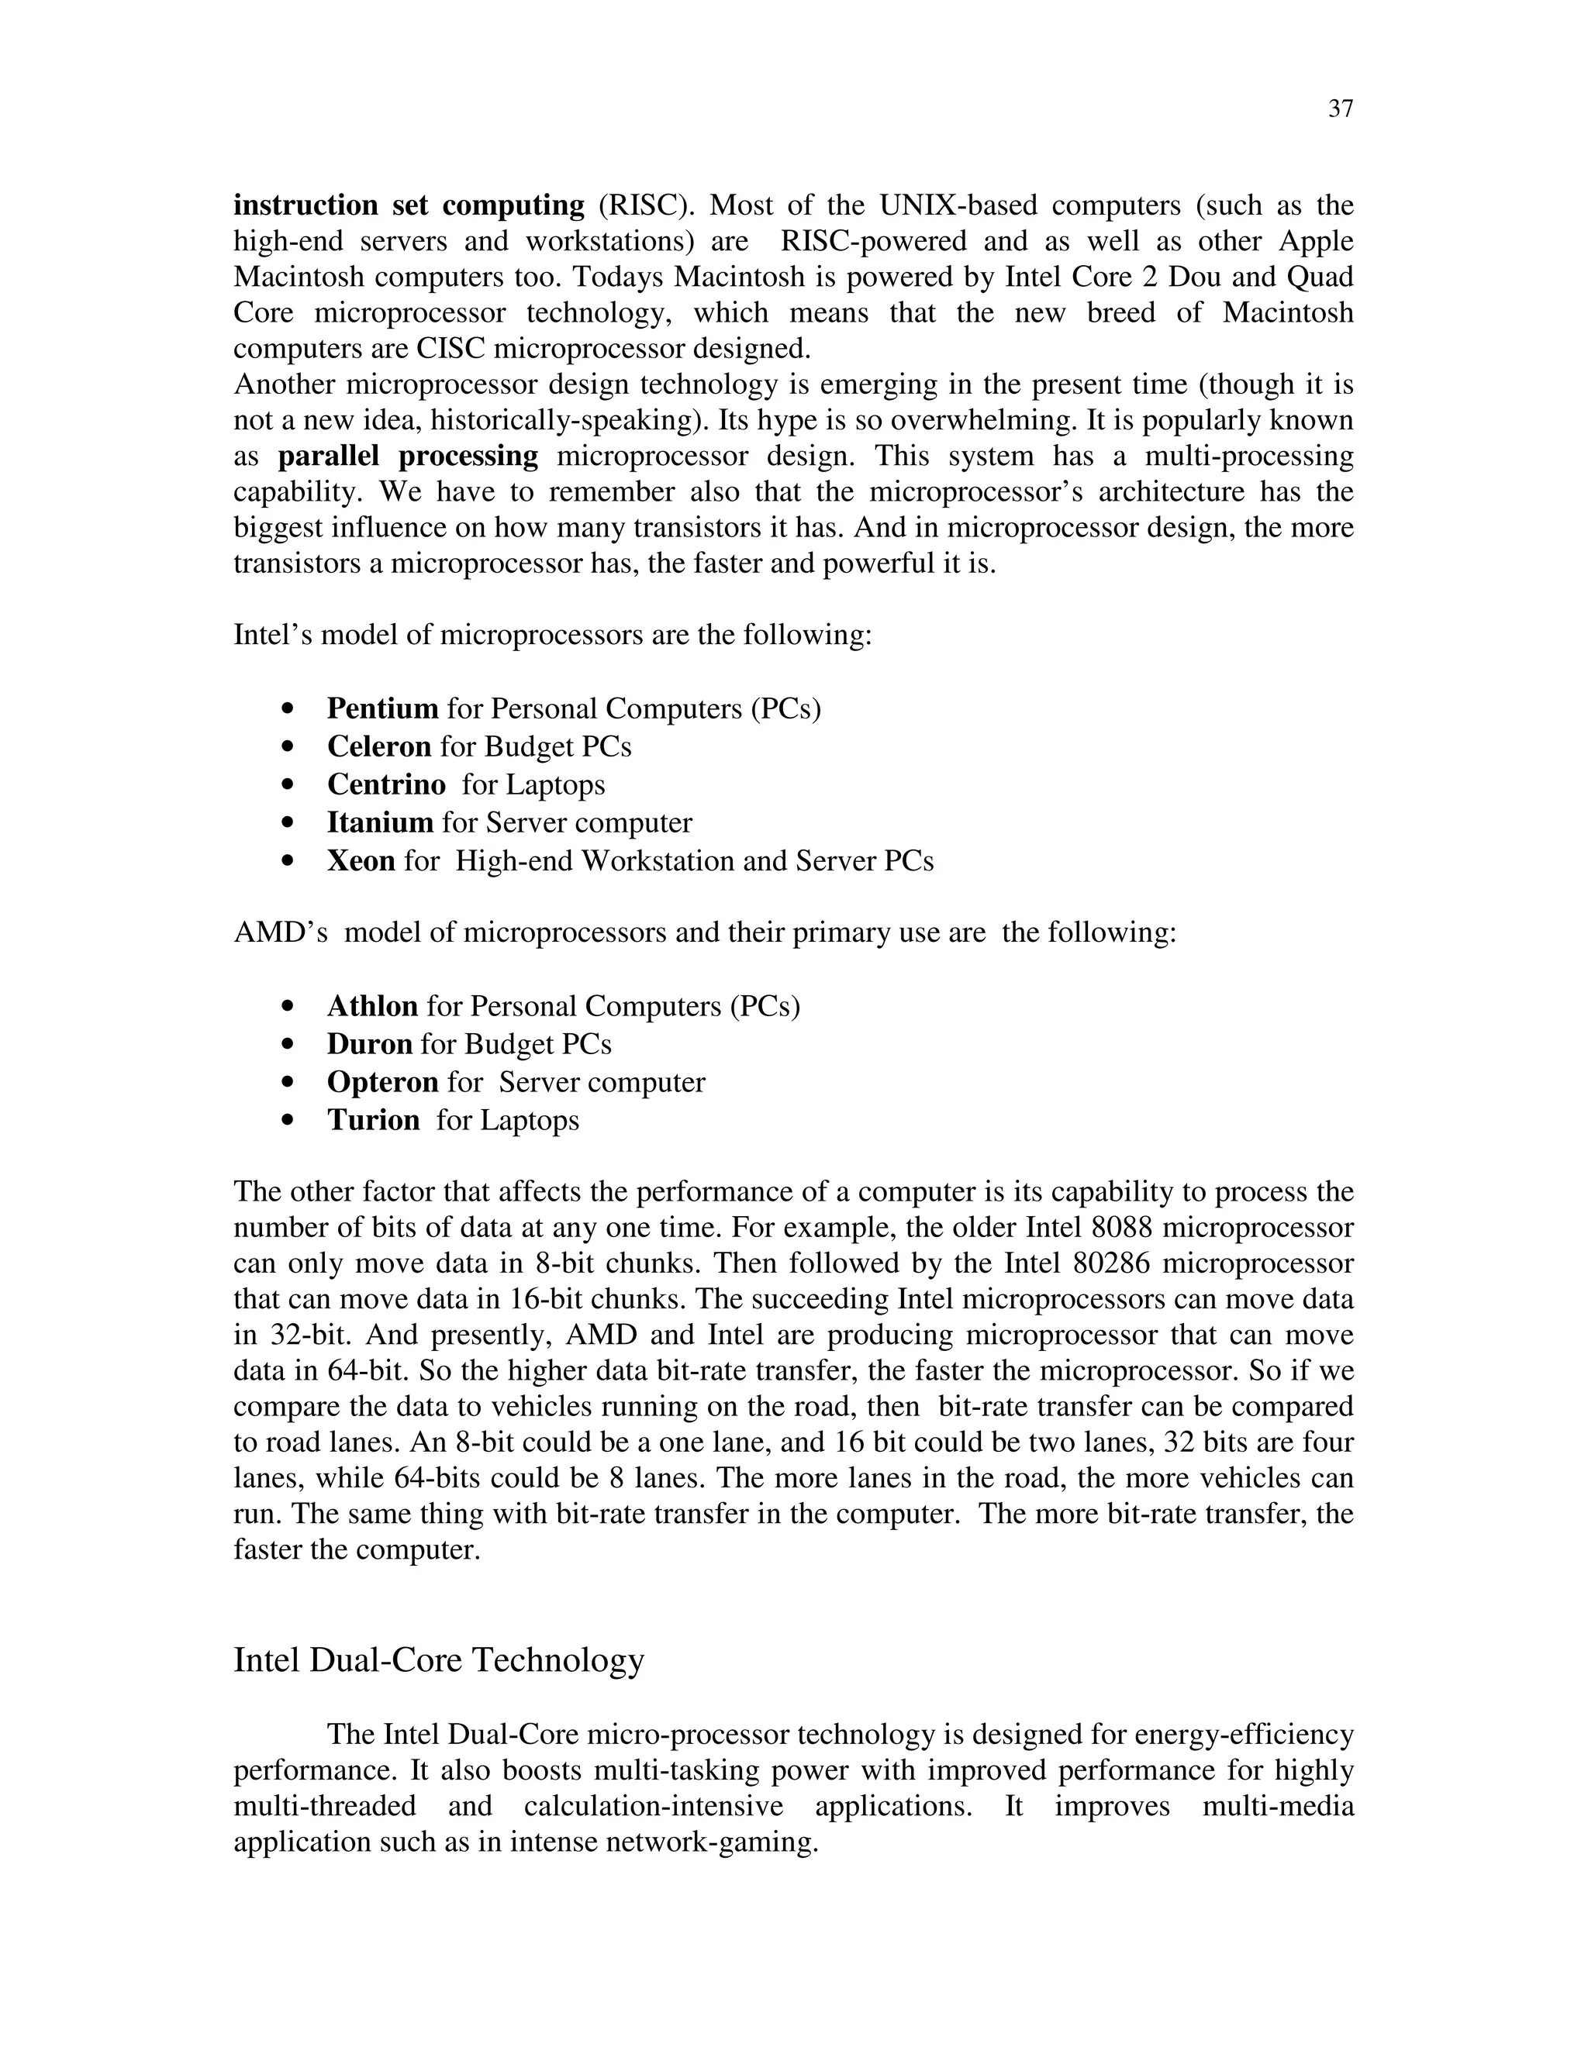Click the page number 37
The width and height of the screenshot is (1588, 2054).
click(1341, 109)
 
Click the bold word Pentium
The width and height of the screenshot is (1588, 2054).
click(382, 708)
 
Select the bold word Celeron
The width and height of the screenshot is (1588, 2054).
click(378, 746)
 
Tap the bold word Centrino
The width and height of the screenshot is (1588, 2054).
click(385, 784)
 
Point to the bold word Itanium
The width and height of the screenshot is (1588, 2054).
click(379, 823)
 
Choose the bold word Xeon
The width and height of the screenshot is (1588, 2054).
click(361, 860)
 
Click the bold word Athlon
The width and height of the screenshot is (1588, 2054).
click(371, 1006)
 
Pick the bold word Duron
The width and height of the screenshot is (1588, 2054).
click(369, 1044)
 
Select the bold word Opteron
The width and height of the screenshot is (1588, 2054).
click(382, 1083)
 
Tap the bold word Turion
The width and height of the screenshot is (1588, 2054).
click(372, 1120)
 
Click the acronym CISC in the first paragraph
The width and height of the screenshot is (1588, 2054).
click(451, 349)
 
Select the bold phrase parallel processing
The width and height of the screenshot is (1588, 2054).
click(407, 456)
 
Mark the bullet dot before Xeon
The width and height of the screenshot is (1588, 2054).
click(288, 861)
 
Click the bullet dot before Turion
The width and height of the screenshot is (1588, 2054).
click(288, 1121)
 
